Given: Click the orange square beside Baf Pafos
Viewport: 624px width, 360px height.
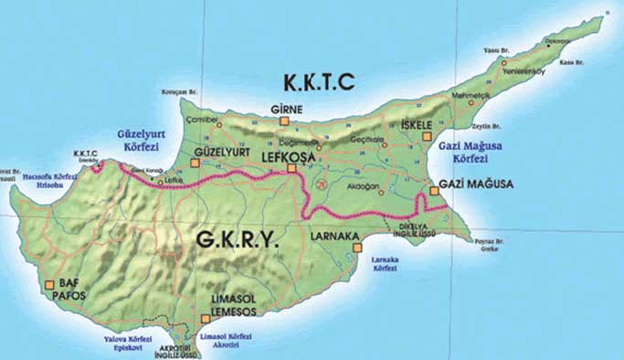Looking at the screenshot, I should point(48,285).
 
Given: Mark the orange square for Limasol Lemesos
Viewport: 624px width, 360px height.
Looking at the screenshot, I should point(204,319).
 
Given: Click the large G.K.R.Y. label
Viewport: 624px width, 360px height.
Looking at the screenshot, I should point(235,240).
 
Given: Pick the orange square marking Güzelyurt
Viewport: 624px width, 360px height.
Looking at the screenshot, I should point(194,164).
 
